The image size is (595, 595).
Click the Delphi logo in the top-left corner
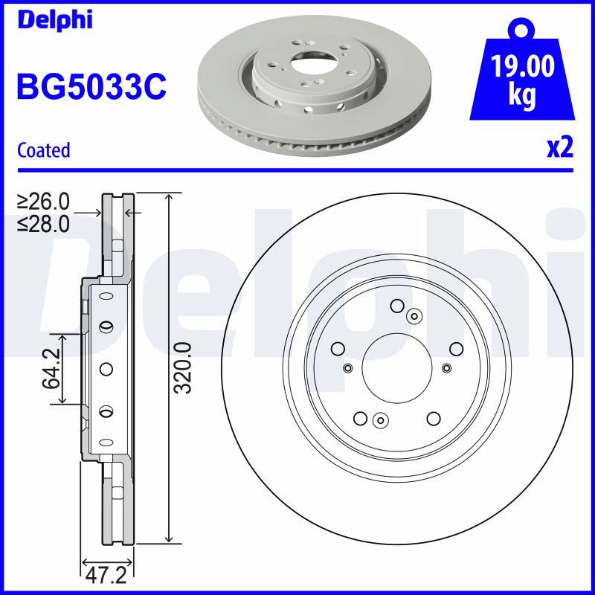54,20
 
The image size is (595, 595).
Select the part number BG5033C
91,87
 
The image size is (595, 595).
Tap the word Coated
44,150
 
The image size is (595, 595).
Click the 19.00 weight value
523,66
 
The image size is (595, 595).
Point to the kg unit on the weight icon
522,95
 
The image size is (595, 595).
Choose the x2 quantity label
560,147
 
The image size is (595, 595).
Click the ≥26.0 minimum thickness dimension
43,202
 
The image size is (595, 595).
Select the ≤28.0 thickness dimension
43,224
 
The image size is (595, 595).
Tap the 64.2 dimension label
51,368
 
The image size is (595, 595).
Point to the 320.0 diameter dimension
182,367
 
